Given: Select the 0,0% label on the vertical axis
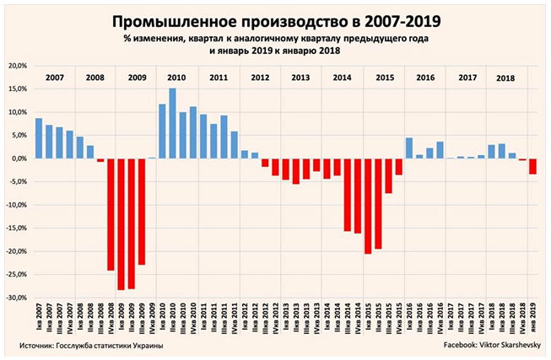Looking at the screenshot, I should pyautogui.click(x=19, y=159).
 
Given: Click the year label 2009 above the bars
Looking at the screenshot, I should pyautogui.click(x=136, y=77).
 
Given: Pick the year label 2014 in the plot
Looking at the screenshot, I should pyautogui.click(x=342, y=77).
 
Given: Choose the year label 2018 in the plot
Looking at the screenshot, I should pyautogui.click(x=506, y=78).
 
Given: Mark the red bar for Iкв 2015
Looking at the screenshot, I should pyautogui.click(x=367, y=206).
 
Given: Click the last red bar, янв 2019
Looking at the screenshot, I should pyautogui.click(x=532, y=166).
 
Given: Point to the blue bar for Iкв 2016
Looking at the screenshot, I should pyautogui.click(x=408, y=148).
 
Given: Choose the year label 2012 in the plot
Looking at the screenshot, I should pyautogui.click(x=260, y=77).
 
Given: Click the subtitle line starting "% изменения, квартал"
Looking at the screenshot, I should pyautogui.click(x=275, y=38).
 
